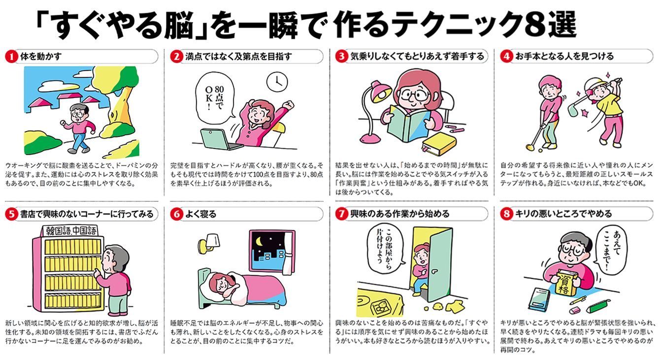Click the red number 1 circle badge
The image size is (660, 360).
[11, 57]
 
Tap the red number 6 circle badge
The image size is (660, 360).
[176, 214]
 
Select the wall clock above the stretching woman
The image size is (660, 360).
[277, 82]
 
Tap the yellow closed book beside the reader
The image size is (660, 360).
[439, 144]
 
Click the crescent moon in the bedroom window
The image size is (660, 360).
[259, 242]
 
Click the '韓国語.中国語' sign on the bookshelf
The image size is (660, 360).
[70, 230]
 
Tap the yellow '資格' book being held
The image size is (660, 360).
[564, 282]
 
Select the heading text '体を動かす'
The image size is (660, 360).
[41, 56]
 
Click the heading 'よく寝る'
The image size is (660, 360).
[200, 214]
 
